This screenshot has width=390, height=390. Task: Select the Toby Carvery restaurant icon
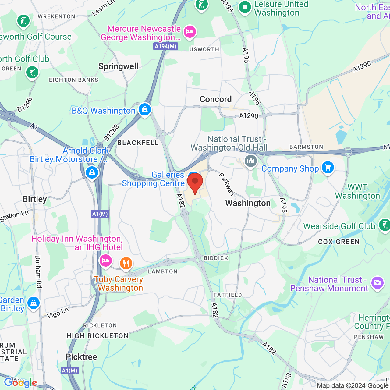(126, 263)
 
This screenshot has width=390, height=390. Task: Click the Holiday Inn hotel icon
(105, 261)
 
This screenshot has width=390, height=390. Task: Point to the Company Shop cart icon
(328, 167)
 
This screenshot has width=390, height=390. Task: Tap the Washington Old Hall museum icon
(251, 161)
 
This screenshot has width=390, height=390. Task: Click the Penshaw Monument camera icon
(378, 282)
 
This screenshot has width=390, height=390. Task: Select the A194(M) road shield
(166, 46)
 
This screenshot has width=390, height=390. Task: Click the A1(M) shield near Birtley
(100, 214)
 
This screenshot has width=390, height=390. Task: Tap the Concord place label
(216, 99)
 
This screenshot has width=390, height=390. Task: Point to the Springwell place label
(119, 66)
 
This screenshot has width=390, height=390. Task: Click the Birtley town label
(35, 199)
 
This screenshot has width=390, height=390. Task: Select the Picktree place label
(81, 357)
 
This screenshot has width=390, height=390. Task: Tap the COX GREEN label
(339, 242)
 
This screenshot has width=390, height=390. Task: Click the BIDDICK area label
(216, 258)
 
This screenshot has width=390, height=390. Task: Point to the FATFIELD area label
(228, 295)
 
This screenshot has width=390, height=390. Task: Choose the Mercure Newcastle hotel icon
(190, 31)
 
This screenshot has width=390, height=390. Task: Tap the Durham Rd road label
(38, 271)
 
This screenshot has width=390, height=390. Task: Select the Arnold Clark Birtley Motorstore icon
(92, 172)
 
